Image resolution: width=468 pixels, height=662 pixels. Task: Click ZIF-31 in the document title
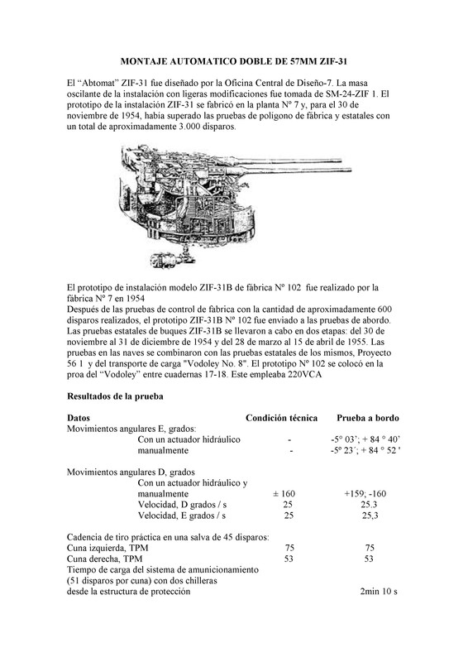pos(333,61)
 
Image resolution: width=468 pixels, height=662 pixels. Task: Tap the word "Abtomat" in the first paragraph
pos(98,83)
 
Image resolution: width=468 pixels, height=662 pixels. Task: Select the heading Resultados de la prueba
pos(115,396)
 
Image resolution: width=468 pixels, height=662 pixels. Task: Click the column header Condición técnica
pos(281,418)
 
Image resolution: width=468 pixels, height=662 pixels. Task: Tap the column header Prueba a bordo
pos(368,418)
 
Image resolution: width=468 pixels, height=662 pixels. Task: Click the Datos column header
pos(79,418)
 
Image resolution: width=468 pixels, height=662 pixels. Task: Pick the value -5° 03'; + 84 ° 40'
pos(365,439)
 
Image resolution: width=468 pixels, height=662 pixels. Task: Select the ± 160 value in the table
pos(284,493)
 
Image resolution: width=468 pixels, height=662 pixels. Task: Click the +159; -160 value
pos(365,493)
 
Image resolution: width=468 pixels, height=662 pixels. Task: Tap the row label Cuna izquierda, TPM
pos(107,548)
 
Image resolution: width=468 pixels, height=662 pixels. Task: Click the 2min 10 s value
pos(379,592)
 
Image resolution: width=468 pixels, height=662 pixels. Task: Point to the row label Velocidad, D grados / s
pos(182,505)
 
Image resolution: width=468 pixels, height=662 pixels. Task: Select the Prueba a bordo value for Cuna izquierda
pos(370,548)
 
